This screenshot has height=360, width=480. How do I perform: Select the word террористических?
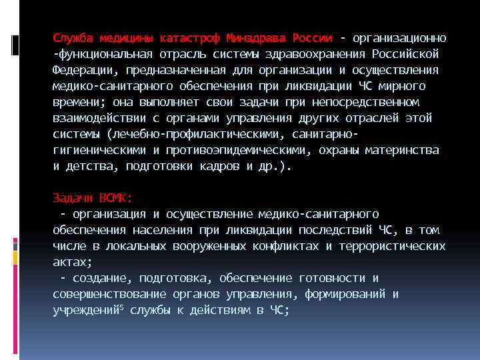pos(392,246)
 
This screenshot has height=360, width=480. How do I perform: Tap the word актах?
pos(71,262)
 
